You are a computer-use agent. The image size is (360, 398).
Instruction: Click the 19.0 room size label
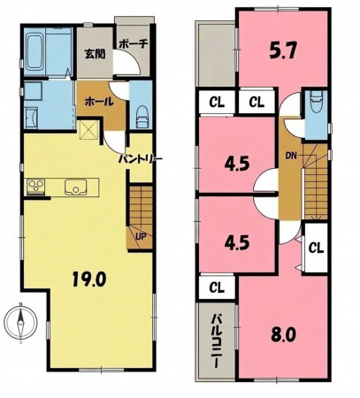pyautogui.click(x=89, y=279)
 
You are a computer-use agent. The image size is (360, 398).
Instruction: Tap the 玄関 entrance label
pyautogui.click(x=96, y=54)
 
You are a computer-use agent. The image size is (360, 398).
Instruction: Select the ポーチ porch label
pyautogui.click(x=134, y=43)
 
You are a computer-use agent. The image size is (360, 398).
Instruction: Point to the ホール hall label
pyautogui.click(x=99, y=102)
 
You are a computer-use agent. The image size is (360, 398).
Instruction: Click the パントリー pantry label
pyautogui.click(x=141, y=159)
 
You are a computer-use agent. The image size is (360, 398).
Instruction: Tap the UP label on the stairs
pyautogui.click(x=141, y=236)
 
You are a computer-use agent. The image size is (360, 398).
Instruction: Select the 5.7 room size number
pyautogui.click(x=282, y=52)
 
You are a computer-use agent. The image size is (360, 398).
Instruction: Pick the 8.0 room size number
pyautogui.click(x=283, y=334)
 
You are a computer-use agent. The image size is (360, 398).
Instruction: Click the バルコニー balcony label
pyautogui.click(x=217, y=341)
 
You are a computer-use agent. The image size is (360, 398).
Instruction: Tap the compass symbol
pyautogui.click(x=20, y=323)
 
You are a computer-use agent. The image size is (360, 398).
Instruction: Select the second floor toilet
pyautogui.click(x=316, y=102)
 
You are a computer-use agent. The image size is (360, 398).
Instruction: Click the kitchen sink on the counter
pyautogui.click(x=76, y=188)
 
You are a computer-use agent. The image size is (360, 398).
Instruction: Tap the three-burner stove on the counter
pyautogui.click(x=35, y=187)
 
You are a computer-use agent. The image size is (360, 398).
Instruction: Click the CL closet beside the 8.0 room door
pyautogui.click(x=316, y=249)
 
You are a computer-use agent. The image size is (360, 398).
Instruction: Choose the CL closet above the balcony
pyautogui.click(x=217, y=287)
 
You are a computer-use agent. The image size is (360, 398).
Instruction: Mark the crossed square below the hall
pyautogui.click(x=89, y=130)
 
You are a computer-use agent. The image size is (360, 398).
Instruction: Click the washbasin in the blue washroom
pyautogui.click(x=31, y=118)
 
